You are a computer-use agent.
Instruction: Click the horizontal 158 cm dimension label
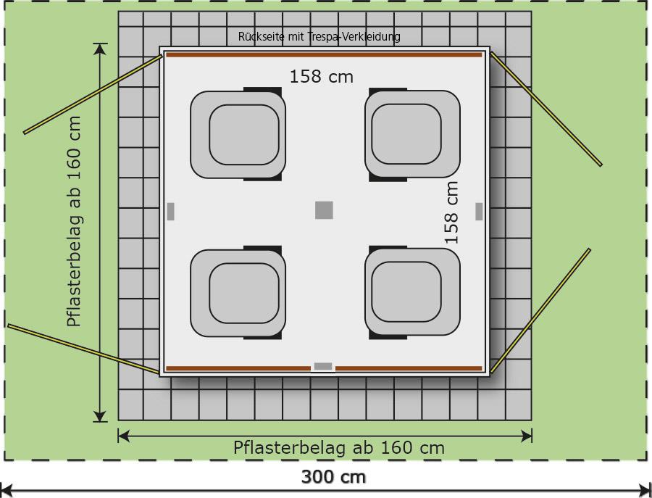click(x=322, y=77)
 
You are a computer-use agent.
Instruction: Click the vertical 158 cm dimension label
click(x=451, y=212)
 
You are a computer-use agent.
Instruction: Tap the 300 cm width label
click(x=333, y=477)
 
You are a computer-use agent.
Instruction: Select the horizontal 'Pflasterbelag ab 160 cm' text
click(x=339, y=448)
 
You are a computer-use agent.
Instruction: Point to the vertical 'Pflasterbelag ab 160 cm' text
click(x=75, y=221)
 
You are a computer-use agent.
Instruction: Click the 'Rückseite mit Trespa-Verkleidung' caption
click(x=319, y=37)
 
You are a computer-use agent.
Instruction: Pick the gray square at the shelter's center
click(x=324, y=210)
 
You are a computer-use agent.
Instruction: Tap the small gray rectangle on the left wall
click(x=170, y=212)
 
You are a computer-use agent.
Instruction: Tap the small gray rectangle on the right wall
click(x=479, y=212)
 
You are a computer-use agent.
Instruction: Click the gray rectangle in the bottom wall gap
click(x=323, y=367)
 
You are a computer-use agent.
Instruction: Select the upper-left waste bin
click(x=238, y=134)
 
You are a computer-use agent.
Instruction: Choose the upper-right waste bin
click(x=412, y=134)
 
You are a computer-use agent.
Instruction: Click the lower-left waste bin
click(x=238, y=292)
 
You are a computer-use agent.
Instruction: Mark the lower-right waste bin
click(x=412, y=292)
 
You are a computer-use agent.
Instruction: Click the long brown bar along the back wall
click(x=324, y=55)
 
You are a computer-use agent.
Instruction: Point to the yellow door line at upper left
click(x=93, y=94)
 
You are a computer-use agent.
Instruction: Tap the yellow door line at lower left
click(x=83, y=349)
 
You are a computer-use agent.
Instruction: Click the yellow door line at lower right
click(x=540, y=310)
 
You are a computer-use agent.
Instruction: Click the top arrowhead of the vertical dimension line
click(x=100, y=49)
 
